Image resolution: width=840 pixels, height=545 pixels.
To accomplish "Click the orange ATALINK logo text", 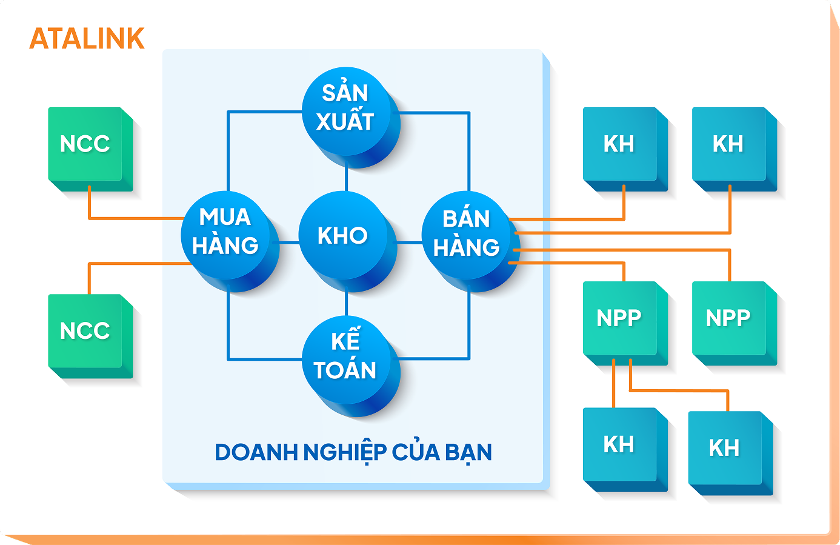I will (87, 39).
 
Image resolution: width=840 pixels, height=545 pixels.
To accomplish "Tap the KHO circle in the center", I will (343, 236).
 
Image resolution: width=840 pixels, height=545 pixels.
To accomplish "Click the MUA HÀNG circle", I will (225, 233).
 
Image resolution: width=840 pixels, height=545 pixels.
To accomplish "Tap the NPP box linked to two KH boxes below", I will (619, 318).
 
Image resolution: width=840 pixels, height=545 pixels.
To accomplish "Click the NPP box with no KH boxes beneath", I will (728, 318).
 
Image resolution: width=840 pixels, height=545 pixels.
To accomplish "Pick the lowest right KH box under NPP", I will (725, 448).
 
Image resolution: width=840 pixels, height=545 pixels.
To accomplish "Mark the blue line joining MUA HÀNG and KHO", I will (288, 242).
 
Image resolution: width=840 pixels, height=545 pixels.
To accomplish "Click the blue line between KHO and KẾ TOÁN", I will (346, 303).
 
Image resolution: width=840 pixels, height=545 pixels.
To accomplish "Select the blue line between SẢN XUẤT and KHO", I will (346, 179).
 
